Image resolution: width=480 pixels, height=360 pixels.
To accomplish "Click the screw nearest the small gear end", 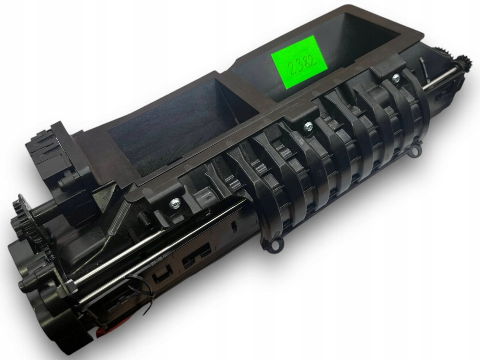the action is [396, 78].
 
